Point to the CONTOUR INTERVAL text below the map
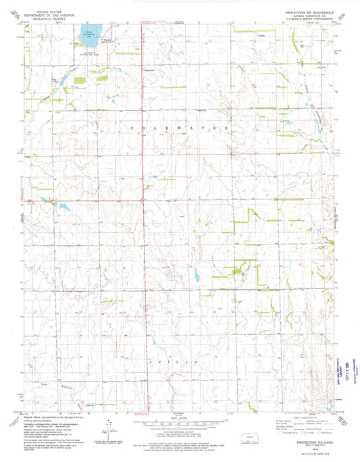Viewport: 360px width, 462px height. tap(179, 430)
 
